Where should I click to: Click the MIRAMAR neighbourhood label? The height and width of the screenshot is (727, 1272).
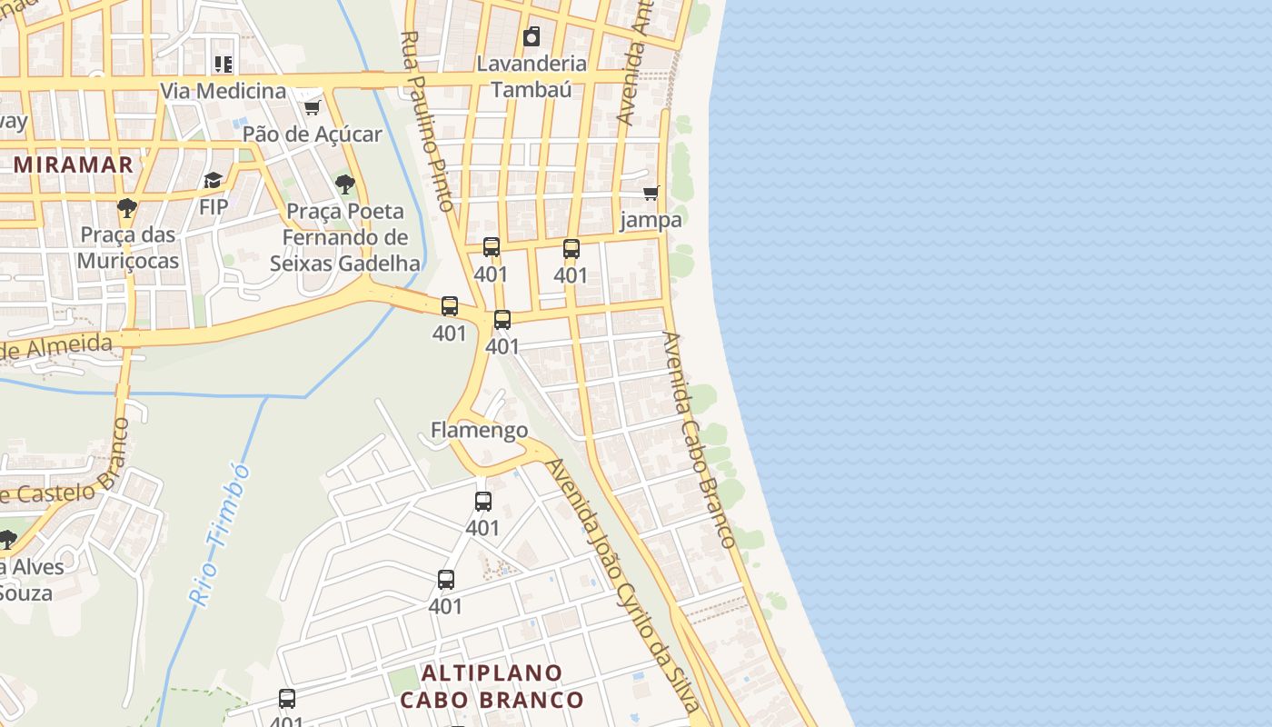(75, 164)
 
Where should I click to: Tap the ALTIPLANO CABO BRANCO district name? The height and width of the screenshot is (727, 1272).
(492, 686)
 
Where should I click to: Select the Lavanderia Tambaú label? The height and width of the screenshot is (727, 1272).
(532, 75)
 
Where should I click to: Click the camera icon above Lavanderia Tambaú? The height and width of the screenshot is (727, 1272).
(532, 36)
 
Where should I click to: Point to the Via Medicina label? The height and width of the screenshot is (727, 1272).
(224, 91)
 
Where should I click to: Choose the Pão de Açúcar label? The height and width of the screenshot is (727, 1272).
(312, 134)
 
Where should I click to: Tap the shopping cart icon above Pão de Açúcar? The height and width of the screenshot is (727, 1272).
(312, 107)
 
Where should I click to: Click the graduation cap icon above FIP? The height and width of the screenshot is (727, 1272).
(214, 180)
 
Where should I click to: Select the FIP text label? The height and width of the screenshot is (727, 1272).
(214, 206)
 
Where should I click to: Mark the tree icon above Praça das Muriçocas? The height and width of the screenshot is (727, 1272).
(127, 208)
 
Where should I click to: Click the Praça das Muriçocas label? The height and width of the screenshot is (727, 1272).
(128, 247)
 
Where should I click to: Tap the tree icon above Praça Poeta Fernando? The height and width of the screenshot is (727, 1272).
(344, 184)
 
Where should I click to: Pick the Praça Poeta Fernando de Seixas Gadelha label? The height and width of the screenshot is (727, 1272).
(344, 237)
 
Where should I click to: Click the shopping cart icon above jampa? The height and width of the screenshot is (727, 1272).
(651, 193)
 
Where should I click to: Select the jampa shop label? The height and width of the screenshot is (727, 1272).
(651, 219)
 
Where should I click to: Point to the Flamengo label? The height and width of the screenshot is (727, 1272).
(479, 430)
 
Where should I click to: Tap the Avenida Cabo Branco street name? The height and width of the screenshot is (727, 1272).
(699, 440)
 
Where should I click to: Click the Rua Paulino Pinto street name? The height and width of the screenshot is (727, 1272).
(427, 120)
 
